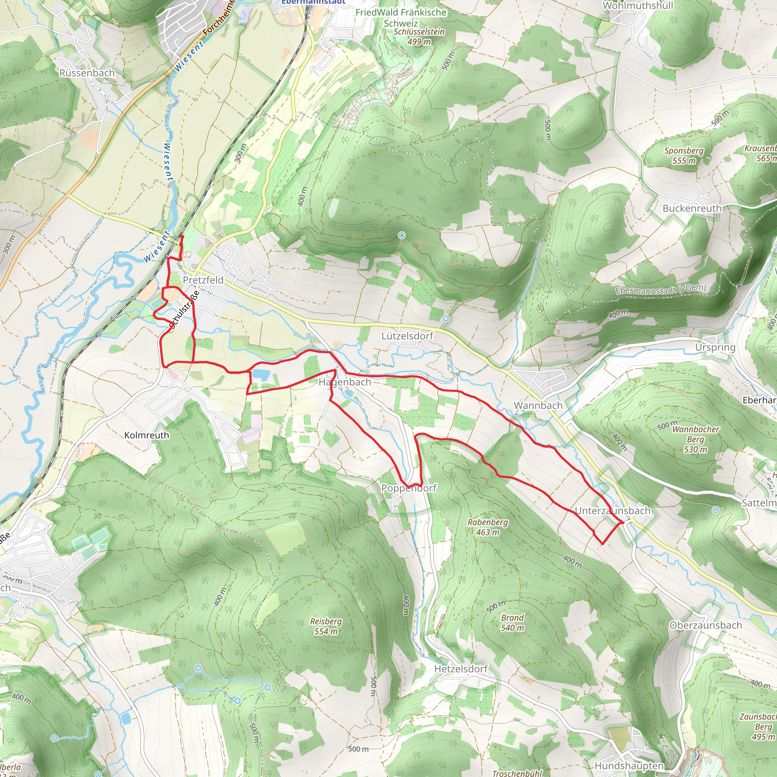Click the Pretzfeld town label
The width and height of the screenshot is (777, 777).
coord(203,280)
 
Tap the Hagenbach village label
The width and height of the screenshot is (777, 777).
coord(344,382)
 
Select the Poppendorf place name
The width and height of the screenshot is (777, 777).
coord(409,488)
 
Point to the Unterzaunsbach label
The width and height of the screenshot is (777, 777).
coord(612,511)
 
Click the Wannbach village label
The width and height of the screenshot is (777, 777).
coord(538,406)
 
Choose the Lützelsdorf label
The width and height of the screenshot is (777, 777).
coord(407,336)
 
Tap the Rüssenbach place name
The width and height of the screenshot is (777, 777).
coord(87,73)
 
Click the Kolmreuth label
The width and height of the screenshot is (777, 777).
coord(146,435)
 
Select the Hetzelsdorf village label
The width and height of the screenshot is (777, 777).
coord(461,669)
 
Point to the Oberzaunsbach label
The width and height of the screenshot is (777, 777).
coord(705,625)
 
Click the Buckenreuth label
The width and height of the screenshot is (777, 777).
coord(692,208)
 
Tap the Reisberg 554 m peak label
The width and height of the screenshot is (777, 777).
coord(326,626)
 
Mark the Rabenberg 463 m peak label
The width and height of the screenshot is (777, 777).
coord(488,527)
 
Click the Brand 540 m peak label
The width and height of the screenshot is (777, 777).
coord(512,623)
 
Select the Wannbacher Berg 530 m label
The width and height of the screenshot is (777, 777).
coord(695,439)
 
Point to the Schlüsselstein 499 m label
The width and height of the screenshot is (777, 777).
coord(419,36)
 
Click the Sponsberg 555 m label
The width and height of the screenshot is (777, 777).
coord(684,156)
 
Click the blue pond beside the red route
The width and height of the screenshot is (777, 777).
coord(260,375)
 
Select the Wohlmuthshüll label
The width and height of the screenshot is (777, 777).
coord(632,6)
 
